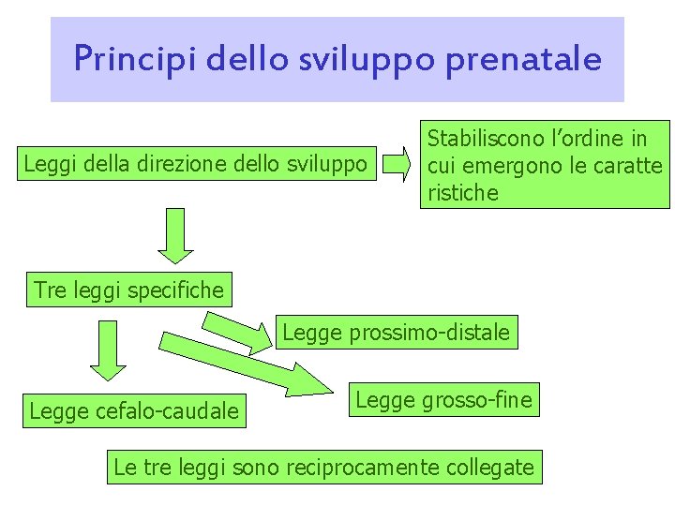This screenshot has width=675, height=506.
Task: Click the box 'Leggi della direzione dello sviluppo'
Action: pyautogui.click(x=195, y=166)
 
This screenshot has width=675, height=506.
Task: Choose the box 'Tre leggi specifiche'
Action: pyautogui.click(x=129, y=290)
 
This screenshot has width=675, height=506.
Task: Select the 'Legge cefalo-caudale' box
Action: pyautogui.click(x=134, y=410)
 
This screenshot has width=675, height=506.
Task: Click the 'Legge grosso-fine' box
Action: pyautogui.click(x=443, y=401)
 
